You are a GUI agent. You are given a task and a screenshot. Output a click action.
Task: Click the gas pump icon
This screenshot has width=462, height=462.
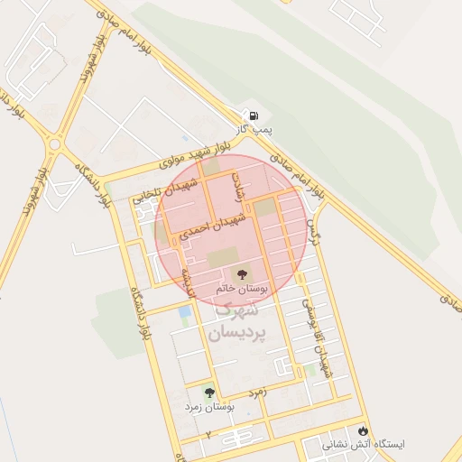(x=254, y=115)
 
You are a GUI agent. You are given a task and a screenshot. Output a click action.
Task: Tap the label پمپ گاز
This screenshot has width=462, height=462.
(x=254, y=132)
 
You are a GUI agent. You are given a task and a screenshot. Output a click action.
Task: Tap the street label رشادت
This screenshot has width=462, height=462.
(x=240, y=184)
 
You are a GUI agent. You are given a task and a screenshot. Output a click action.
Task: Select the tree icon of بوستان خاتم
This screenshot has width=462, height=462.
(x=241, y=273)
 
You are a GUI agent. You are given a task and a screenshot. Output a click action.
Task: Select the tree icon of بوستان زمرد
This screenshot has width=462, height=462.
(x=209, y=393)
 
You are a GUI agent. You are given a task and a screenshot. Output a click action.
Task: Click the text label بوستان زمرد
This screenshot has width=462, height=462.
(x=209, y=408)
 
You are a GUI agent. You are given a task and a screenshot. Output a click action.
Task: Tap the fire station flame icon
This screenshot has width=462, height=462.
(x=364, y=431)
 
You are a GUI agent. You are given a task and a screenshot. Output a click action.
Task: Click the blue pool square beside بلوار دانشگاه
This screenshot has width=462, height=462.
(x=185, y=312)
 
